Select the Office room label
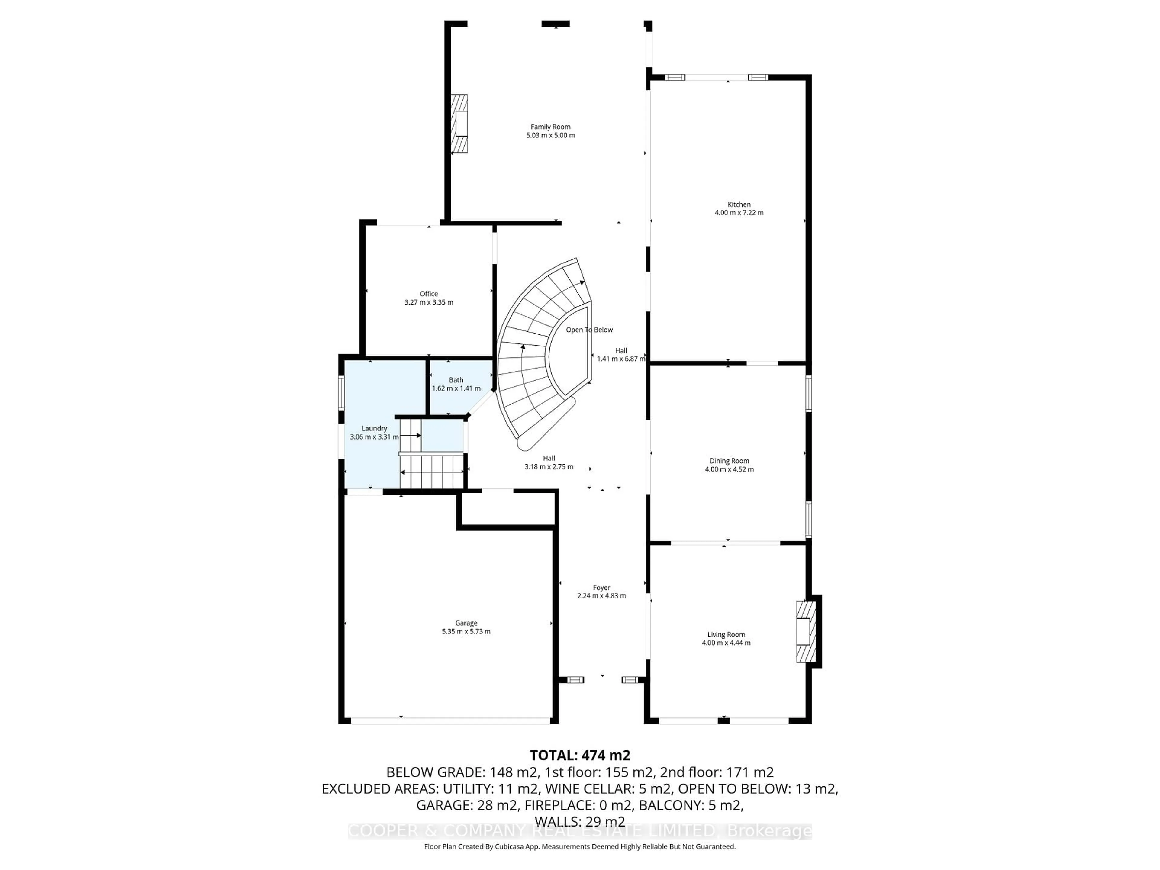pyautogui.click(x=428, y=294)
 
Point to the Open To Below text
pyautogui.click(x=589, y=330)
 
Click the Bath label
pyautogui.click(x=456, y=380)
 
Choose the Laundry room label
pyautogui.click(x=374, y=428)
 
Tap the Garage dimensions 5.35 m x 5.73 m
pyautogui.click(x=466, y=631)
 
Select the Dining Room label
pyautogui.click(x=729, y=461)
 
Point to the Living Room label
pyautogui.click(x=726, y=635)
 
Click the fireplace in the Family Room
pyautogui.click(x=460, y=124)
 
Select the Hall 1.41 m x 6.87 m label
pyautogui.click(x=621, y=355)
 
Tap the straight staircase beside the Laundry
pyautogui.click(x=432, y=472)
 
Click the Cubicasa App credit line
pyautogui.click(x=579, y=846)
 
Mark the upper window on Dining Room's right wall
pyautogui.click(x=808, y=393)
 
